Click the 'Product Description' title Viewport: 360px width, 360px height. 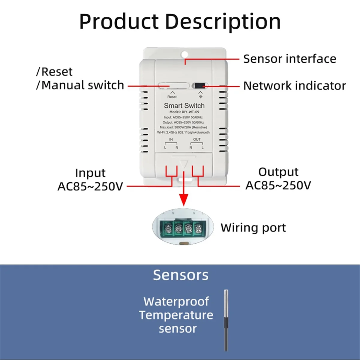tap(180, 22)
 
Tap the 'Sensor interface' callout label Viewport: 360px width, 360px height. tap(289, 59)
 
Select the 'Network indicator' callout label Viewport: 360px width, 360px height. tap(294, 86)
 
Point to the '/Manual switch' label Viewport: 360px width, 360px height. tap(80, 85)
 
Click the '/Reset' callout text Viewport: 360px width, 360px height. tap(54, 72)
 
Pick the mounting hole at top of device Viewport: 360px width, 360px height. tap(184, 55)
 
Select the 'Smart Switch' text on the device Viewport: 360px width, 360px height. tap(184, 106)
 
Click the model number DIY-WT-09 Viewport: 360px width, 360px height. tap(184, 112)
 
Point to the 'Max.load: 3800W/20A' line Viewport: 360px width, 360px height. tap(183, 127)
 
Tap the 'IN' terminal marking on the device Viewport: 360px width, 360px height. tap(171, 139)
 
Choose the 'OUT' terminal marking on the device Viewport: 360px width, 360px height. tap(197, 139)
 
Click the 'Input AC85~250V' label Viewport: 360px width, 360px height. tap(90, 180)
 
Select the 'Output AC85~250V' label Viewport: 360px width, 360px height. tap(278, 179)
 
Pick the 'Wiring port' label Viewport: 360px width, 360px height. tap(253, 228)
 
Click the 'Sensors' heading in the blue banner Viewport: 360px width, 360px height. tap(181, 275)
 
